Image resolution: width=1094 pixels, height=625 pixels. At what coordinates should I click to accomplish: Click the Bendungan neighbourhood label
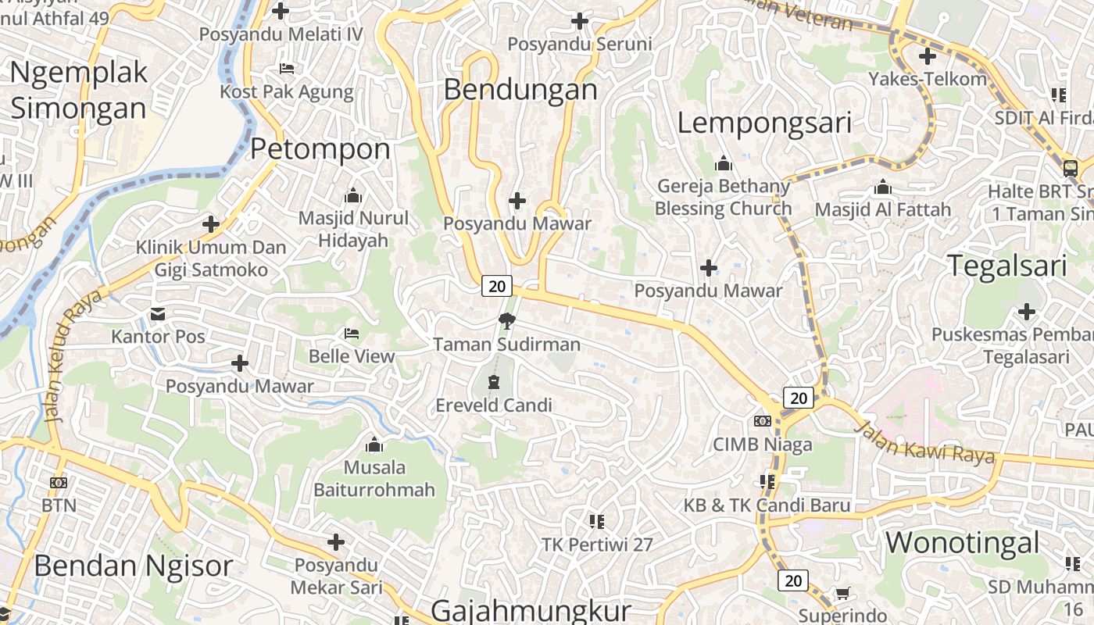520,89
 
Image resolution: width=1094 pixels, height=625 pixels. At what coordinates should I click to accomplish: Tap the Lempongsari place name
764,123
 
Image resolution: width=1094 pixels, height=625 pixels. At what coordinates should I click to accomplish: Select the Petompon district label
320,148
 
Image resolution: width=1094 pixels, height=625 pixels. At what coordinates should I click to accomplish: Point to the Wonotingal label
962,542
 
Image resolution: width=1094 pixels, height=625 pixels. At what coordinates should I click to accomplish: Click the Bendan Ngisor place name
133,566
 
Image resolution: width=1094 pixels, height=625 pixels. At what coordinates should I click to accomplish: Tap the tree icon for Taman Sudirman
507,320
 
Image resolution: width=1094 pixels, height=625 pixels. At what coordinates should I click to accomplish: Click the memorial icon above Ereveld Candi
494,382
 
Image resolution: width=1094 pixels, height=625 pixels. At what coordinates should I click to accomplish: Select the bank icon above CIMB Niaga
763,421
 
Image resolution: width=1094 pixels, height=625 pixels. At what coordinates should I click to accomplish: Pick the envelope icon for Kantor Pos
158,314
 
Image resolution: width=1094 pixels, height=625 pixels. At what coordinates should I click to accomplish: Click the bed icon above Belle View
352,334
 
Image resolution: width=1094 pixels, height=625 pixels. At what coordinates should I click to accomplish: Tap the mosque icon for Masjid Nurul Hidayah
353,195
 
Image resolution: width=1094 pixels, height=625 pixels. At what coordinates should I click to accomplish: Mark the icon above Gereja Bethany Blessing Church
724,164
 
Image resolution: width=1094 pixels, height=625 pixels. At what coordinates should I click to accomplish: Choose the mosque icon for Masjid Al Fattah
883,187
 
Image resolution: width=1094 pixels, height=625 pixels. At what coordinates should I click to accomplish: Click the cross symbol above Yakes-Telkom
928,56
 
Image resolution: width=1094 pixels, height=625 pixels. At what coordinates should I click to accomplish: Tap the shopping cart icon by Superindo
842,594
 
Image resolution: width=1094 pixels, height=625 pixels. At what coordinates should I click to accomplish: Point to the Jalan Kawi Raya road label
925,442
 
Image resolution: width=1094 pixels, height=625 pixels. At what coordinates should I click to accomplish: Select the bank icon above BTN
59,483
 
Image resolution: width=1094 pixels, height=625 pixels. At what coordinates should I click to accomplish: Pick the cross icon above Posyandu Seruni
580,21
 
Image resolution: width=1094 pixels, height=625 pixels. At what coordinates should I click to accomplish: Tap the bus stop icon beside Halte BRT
1070,168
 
